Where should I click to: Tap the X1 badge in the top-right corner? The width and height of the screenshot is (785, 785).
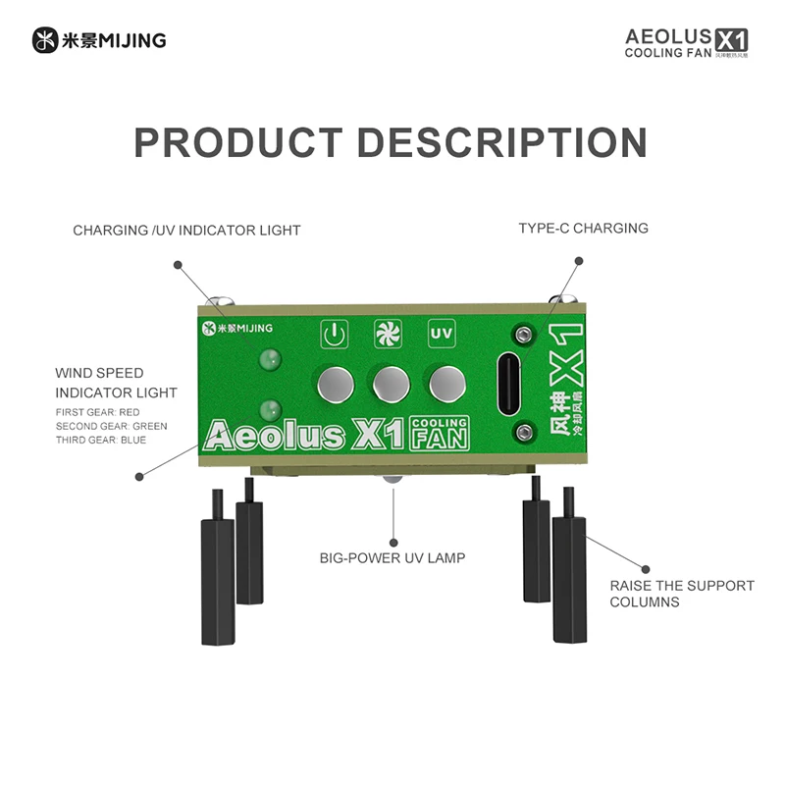click(732, 39)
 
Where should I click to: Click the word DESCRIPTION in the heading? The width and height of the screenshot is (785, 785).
click(501, 142)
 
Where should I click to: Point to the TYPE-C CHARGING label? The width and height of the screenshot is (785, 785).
click(583, 228)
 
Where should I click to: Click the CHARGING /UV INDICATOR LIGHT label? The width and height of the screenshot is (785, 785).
click(186, 231)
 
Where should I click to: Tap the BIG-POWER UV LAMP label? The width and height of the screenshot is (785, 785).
click(392, 558)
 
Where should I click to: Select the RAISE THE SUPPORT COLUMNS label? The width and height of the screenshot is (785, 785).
click(682, 594)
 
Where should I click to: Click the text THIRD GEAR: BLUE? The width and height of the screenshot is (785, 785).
click(101, 440)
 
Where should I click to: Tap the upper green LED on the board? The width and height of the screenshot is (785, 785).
click(265, 360)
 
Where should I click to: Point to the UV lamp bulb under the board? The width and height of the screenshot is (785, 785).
click(392, 478)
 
